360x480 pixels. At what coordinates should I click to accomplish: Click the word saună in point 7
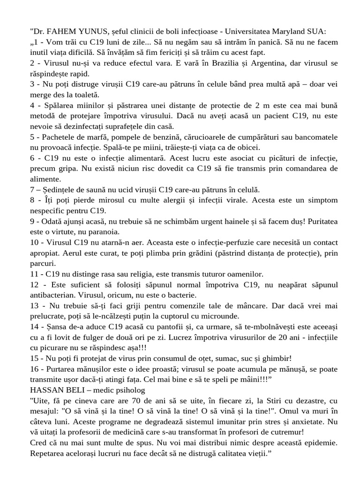tap(105, 190)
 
